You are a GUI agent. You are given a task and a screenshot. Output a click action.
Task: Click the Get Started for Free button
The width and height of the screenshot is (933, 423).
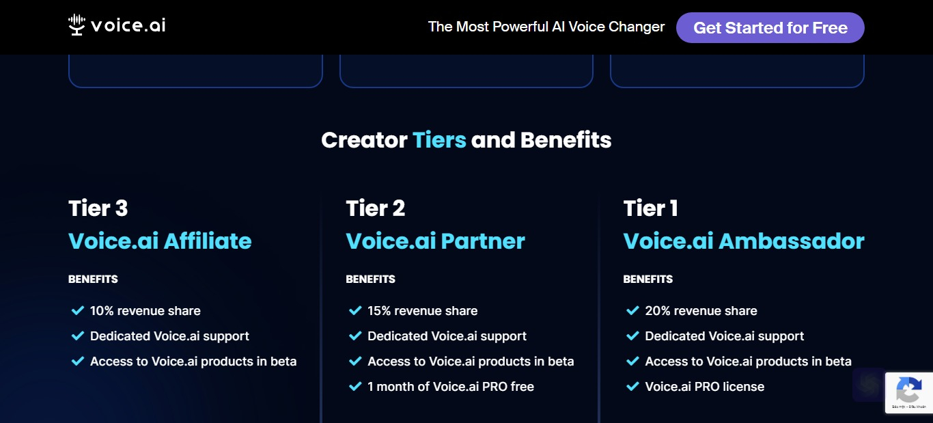770,27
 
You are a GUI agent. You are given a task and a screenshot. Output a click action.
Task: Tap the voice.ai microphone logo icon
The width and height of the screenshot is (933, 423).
76,25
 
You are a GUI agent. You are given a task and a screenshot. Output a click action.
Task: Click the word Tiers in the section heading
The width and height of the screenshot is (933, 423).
439,140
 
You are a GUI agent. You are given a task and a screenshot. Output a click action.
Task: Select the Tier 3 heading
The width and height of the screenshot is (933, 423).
98,208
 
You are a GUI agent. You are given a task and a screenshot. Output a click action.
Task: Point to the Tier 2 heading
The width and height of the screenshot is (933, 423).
375,208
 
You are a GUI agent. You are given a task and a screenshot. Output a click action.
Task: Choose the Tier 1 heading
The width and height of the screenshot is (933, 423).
650,208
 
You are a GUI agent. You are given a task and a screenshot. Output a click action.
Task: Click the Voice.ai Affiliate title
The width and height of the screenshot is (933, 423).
160,241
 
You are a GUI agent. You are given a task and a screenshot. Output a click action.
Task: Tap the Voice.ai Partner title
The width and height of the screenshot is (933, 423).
435,241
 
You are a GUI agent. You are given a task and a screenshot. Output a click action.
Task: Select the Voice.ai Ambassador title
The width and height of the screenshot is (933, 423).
744,241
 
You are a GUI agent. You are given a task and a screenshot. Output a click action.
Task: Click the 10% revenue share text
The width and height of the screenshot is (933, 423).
145,311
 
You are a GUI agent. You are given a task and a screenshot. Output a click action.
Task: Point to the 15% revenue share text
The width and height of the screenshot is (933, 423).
422,311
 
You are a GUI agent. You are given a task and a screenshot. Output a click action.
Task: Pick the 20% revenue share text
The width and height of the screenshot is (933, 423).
701,311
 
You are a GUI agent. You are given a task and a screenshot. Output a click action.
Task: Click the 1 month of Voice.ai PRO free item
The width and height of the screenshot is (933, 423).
451,387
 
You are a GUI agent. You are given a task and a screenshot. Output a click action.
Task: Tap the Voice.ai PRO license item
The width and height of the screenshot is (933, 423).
705,387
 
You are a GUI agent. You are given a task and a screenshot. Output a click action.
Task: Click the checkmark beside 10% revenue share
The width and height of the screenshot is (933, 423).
78,310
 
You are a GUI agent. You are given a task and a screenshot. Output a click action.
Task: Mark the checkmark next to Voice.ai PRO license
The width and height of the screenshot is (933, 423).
632,386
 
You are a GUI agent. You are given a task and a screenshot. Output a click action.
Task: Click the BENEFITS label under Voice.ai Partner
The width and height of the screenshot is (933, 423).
370,279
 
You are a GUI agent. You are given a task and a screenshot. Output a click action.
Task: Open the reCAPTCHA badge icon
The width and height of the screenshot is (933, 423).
908,390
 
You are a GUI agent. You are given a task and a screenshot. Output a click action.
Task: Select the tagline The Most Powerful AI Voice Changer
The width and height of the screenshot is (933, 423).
546,27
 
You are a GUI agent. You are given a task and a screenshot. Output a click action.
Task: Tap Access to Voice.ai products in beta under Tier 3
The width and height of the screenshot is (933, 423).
193,361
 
